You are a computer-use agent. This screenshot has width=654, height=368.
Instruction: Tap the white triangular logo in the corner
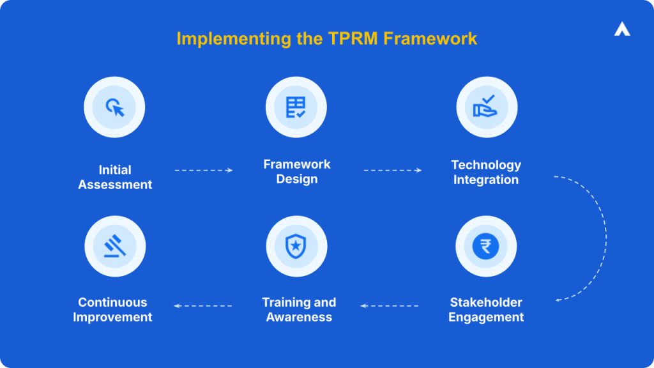click(x=622, y=29)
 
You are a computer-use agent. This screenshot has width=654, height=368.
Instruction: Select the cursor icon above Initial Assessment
click(x=115, y=107)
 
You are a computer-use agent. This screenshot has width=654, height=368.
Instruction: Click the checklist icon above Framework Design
click(x=296, y=107)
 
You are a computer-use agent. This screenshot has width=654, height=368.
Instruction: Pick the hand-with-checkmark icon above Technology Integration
click(x=486, y=107)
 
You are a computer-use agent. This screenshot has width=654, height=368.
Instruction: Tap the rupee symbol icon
click(x=486, y=246)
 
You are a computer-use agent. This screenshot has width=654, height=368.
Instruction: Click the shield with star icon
click(x=296, y=246)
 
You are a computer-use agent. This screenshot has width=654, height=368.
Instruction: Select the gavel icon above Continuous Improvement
click(x=115, y=246)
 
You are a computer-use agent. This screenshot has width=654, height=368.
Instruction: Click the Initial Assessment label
click(x=115, y=178)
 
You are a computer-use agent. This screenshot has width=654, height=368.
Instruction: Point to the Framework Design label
click(x=297, y=171)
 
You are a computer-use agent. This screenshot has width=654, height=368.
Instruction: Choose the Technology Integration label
click(x=486, y=172)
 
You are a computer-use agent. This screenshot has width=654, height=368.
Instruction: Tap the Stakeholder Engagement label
click(x=486, y=310)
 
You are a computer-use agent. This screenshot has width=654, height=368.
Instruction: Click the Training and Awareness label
click(x=299, y=310)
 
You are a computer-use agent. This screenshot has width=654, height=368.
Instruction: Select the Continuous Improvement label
click(x=112, y=310)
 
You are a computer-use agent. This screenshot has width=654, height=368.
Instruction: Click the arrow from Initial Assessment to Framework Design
click(x=204, y=171)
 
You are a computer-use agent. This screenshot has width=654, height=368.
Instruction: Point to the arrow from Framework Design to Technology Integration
click(x=393, y=171)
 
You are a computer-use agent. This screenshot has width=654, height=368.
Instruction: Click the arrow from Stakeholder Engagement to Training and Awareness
click(x=390, y=306)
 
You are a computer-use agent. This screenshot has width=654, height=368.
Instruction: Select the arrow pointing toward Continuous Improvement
click(x=203, y=306)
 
